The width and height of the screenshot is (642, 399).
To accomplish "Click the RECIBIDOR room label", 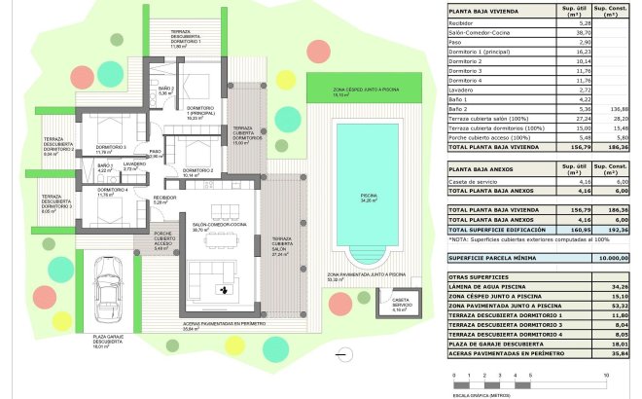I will pyautogui.click(x=164, y=201).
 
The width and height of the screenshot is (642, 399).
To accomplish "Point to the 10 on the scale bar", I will pyautogui.click(x=606, y=374).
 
